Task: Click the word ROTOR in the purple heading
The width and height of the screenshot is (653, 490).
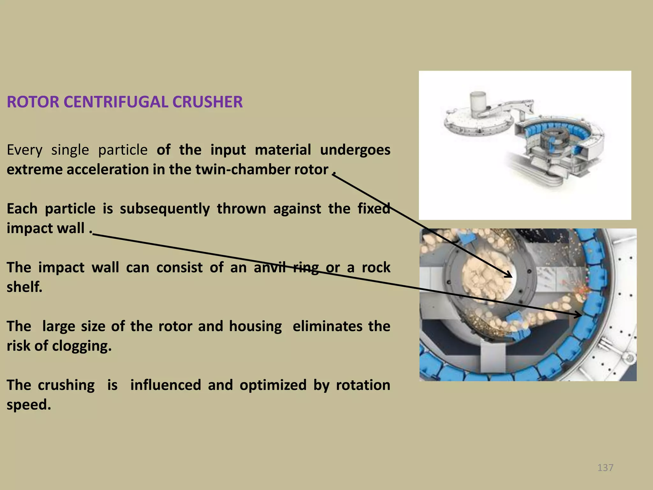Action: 33,102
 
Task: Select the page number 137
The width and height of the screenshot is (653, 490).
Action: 605,467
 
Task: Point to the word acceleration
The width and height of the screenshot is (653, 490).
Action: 108,169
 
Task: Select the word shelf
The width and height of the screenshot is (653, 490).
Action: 24,287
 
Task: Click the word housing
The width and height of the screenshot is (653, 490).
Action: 255,326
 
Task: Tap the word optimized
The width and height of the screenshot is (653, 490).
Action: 273,385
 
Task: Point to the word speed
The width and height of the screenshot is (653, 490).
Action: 29,405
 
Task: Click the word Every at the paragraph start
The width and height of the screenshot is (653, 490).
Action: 24,150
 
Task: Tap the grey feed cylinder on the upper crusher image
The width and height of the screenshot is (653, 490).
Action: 477,101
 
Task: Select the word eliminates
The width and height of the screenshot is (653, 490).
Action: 327,326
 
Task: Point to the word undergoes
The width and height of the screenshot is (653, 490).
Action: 355,150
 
